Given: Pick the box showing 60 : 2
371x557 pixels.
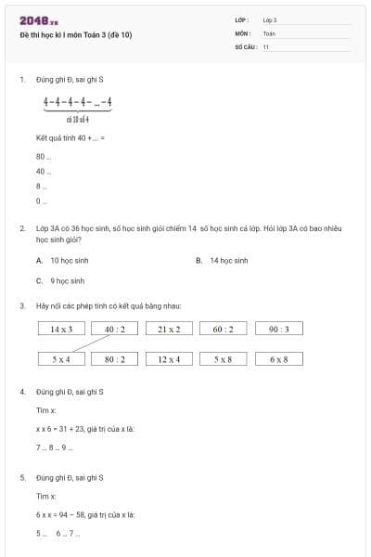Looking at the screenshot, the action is pyautogui.click(x=224, y=329).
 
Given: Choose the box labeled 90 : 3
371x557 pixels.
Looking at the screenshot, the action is pyautogui.click(x=278, y=329).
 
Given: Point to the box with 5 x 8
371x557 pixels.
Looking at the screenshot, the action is pyautogui.click(x=224, y=358).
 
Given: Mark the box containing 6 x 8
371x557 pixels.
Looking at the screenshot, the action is pyautogui.click(x=278, y=358).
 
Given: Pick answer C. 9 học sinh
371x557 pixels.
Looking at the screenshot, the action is pyautogui.click(x=65, y=280).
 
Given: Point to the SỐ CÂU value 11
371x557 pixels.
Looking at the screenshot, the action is pyautogui.click(x=266, y=45).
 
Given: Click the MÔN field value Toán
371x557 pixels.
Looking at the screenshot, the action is pyautogui.click(x=269, y=32).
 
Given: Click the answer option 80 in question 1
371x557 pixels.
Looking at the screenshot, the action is pyautogui.click(x=41, y=156).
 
